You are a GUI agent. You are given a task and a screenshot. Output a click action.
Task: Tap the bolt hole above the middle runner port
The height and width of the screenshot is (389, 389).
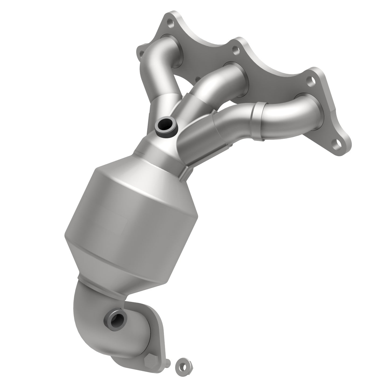coord(236,50)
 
